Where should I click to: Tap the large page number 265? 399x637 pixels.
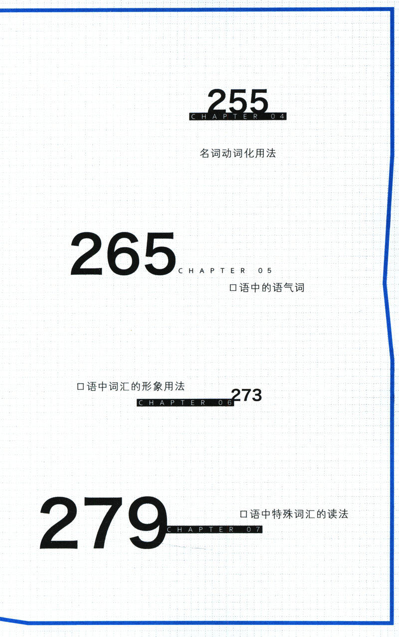[123, 255]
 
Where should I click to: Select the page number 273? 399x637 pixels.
[246, 395]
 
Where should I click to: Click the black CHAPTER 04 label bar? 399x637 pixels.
[238, 117]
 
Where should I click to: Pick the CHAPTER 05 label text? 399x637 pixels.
[225, 271]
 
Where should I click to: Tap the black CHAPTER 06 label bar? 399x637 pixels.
[185, 403]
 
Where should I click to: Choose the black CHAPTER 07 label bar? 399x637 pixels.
[214, 530]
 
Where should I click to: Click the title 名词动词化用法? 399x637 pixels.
[237, 153]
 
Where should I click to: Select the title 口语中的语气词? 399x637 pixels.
[266, 288]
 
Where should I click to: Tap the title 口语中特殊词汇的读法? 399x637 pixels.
[294, 514]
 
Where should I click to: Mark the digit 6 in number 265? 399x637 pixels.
[123, 255]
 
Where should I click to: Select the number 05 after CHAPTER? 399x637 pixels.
[265, 271]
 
